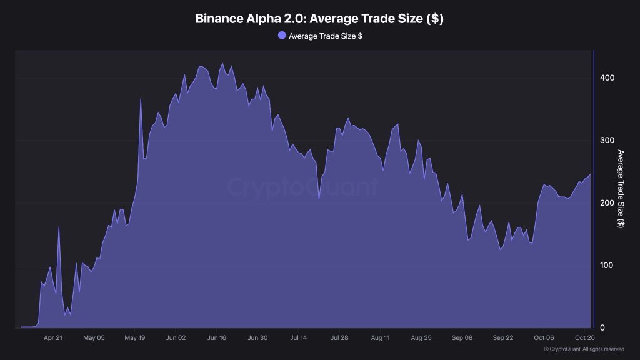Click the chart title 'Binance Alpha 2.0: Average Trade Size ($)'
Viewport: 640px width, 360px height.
tap(319, 19)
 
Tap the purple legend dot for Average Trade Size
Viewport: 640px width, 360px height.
tap(282, 36)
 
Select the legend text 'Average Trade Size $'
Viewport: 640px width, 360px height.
tap(325, 36)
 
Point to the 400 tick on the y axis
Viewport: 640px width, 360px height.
tap(607, 78)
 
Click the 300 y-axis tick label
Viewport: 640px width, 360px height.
tap(607, 141)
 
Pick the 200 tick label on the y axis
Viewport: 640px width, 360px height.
tap(607, 203)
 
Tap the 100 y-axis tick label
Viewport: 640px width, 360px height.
tap(607, 266)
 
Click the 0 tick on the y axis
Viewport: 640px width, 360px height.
tap(602, 328)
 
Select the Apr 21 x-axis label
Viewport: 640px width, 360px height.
tap(54, 338)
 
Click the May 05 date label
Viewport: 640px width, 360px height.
tap(94, 338)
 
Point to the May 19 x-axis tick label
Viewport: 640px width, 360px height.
tap(135, 338)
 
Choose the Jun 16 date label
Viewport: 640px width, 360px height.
tap(217, 338)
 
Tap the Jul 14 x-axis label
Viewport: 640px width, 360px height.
tap(299, 338)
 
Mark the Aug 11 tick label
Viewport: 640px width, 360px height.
tap(381, 338)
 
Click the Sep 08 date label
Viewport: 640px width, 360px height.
tap(462, 338)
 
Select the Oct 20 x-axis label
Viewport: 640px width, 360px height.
tap(584, 338)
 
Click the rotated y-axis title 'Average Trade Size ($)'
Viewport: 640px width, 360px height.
tap(621, 189)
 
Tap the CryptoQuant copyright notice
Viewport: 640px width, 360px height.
tap(584, 349)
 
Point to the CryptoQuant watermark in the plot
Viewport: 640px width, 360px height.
tap(302, 188)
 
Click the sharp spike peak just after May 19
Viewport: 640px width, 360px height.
tap(141, 99)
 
